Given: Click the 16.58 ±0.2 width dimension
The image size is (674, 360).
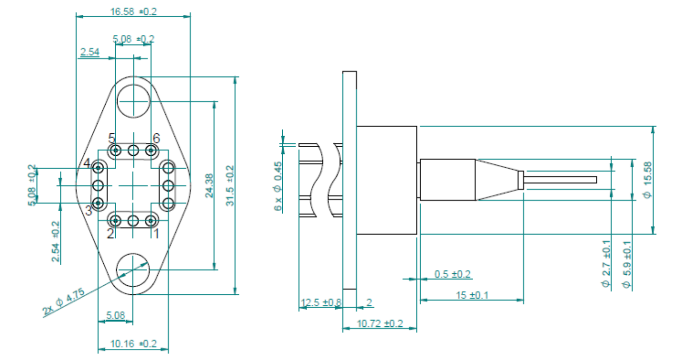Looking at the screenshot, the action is [x=134, y=12].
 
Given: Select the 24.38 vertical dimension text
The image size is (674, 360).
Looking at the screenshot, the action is [x=209, y=186].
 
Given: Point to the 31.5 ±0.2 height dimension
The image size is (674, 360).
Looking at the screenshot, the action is [x=230, y=186].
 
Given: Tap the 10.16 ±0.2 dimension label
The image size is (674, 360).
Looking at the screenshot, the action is [x=134, y=343].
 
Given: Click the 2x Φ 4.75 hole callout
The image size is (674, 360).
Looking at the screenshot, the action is [x=63, y=301].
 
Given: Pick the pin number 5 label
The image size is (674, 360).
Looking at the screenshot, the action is [x=112, y=138].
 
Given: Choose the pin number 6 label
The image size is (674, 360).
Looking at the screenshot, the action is [x=156, y=138].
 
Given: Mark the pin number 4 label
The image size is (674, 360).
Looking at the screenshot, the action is [x=87, y=163].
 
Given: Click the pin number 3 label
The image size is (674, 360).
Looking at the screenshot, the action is [x=89, y=210].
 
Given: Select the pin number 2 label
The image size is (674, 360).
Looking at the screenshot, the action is [x=110, y=234].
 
